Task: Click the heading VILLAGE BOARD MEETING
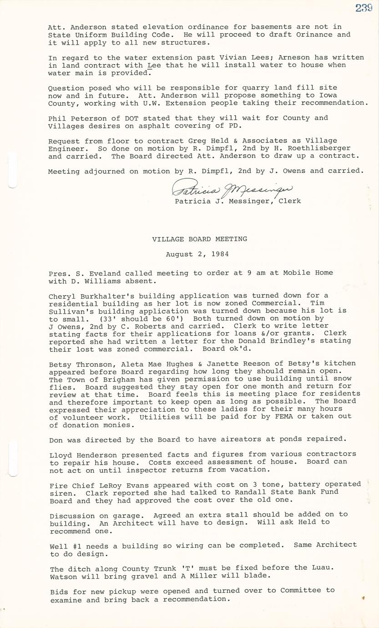(x=200, y=239)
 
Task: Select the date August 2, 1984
(x=197, y=254)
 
